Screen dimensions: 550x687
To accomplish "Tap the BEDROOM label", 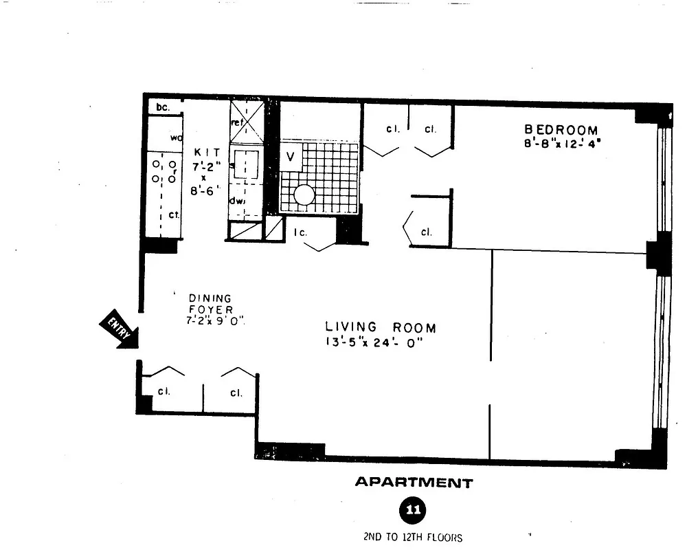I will click(x=561, y=129).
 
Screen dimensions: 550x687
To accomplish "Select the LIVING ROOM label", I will click(x=380, y=328).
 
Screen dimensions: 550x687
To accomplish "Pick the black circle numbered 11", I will click(x=413, y=511).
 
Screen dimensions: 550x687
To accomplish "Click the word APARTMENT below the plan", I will click(x=414, y=483).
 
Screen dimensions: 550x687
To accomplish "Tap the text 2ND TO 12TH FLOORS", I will click(x=413, y=537).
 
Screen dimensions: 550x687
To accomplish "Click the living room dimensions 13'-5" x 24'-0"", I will click(x=373, y=343).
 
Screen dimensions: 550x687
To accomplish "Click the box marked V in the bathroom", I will click(x=290, y=157).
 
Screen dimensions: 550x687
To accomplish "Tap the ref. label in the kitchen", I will click(x=238, y=122).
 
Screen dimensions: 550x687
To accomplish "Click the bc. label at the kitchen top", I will click(x=162, y=107).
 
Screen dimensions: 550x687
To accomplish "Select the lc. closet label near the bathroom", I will click(x=300, y=232).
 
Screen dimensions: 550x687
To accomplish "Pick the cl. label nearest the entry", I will click(x=164, y=392).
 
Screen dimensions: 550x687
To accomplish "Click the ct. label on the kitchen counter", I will click(x=174, y=214).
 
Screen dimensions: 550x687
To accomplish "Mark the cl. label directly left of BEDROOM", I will click(x=431, y=129).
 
